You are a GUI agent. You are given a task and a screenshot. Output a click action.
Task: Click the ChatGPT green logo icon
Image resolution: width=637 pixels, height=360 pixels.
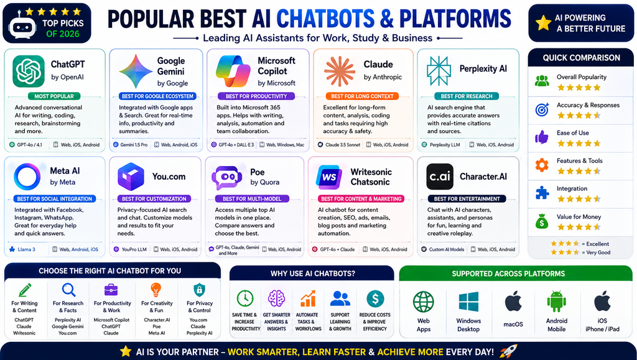click(x=29, y=72)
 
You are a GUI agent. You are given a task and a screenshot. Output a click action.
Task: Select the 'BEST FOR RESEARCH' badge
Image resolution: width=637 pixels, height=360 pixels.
click(x=467, y=96)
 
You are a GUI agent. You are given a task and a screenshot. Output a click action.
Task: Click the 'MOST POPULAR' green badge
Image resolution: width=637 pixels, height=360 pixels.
click(x=54, y=96)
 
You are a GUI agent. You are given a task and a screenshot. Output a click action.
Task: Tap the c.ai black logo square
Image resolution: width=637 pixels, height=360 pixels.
click(x=440, y=177)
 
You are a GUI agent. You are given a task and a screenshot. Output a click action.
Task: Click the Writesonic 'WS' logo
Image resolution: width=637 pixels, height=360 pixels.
click(x=328, y=177)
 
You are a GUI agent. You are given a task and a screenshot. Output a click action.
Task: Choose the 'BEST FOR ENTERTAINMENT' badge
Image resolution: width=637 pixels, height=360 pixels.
click(x=467, y=199)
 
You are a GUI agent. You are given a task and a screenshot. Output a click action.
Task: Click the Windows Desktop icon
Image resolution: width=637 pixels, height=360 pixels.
click(x=468, y=302)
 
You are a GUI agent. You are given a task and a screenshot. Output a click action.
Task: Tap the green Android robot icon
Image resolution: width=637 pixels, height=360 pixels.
click(x=557, y=302)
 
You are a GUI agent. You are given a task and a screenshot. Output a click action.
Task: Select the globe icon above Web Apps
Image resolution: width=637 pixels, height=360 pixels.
click(x=423, y=302)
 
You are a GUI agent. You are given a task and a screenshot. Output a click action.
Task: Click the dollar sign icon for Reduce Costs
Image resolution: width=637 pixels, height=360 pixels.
click(x=375, y=298)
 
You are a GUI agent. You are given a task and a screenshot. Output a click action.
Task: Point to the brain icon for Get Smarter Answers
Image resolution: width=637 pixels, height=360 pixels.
click(x=276, y=298)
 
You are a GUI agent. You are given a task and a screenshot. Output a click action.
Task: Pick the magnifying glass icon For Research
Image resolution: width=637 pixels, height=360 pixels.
click(x=68, y=290)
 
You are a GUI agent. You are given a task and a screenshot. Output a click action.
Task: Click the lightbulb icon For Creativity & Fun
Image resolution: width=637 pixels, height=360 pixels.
click(x=156, y=290)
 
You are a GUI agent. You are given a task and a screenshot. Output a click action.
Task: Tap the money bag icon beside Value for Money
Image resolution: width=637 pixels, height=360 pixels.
click(x=542, y=221)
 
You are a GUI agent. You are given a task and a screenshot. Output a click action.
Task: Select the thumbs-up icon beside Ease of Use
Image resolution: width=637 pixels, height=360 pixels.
click(x=542, y=137)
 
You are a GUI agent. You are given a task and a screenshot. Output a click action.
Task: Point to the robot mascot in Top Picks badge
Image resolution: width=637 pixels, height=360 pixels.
click(x=22, y=25)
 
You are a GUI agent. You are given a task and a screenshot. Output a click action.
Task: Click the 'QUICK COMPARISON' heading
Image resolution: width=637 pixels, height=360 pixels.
click(x=582, y=58)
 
